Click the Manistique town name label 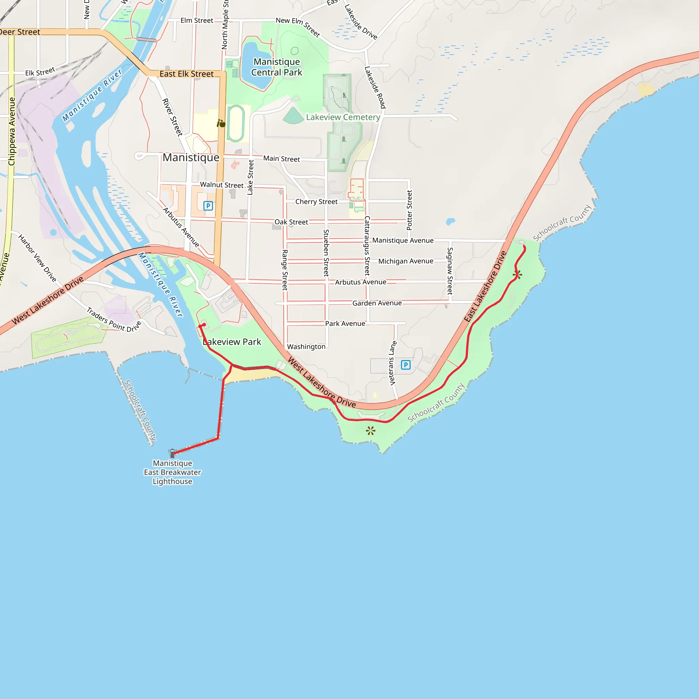pyautogui.click(x=191, y=157)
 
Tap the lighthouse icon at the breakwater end pyautogui.click(x=172, y=453)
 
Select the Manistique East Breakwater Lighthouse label pyautogui.click(x=172, y=472)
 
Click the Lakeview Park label pyautogui.click(x=232, y=342)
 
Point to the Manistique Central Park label pyautogui.click(x=276, y=67)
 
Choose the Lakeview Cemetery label pyautogui.click(x=343, y=117)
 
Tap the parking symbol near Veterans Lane pyautogui.click(x=405, y=365)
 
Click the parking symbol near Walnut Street pyautogui.click(x=208, y=206)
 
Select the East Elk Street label pyautogui.click(x=186, y=74)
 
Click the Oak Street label pyautogui.click(x=291, y=222)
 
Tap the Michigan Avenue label pyautogui.click(x=405, y=261)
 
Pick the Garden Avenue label pyautogui.click(x=377, y=303)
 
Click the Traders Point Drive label pyautogui.click(x=113, y=320)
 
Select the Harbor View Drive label pyautogui.click(x=38, y=258)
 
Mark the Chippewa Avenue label pyautogui.click(x=12, y=131)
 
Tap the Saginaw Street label pyautogui.click(x=450, y=271)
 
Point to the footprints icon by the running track pyautogui.click(x=221, y=124)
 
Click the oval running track pyautogui.click(x=236, y=123)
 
